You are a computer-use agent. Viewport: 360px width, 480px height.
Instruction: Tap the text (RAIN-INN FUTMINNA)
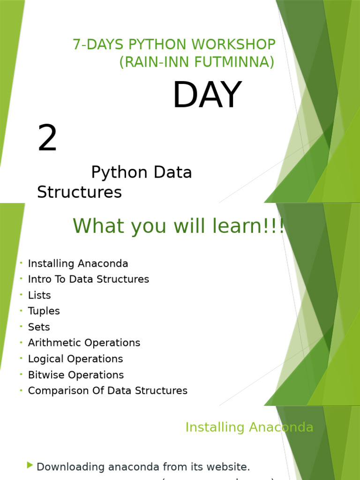197,61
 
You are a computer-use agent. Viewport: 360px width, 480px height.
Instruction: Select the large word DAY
207,95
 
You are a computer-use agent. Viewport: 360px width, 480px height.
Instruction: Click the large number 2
47,138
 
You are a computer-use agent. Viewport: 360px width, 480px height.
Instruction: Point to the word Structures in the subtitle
79,192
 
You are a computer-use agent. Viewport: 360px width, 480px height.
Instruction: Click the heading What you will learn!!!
178,226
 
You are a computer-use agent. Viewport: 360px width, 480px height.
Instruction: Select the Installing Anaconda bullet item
78,263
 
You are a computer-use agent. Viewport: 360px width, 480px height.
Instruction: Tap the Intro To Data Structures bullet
88,279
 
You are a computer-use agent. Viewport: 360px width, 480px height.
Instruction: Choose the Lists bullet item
39,295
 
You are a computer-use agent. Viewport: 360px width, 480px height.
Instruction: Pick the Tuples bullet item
44,311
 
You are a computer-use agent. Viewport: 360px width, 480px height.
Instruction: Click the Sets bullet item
39,327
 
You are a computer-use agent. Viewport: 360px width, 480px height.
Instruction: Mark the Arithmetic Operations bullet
84,343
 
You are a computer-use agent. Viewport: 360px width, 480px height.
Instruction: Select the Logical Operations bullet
75,359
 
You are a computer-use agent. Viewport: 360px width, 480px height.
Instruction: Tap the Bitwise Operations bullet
76,375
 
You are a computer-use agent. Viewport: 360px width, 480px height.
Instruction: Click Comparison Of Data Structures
107,390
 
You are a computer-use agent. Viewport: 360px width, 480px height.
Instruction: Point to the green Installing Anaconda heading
249,427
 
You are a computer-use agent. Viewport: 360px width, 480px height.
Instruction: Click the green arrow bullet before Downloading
30,465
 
